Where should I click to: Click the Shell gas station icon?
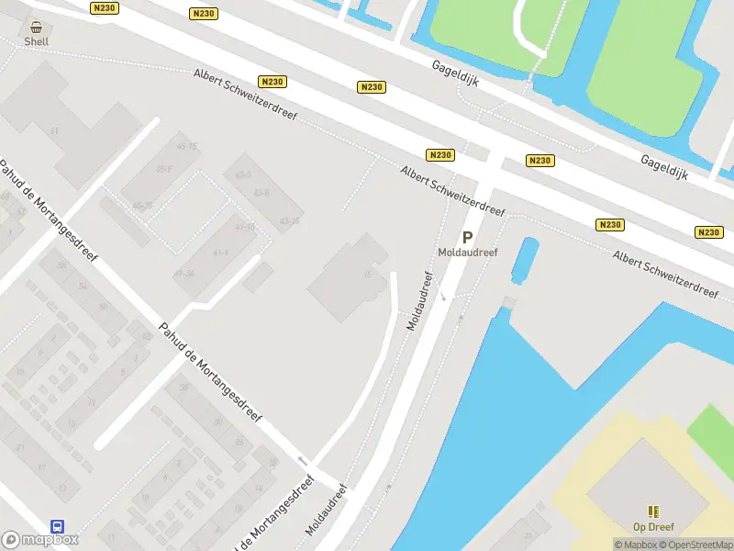[x=36, y=28]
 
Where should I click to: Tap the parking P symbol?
[x=467, y=237]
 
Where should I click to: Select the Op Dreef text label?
[x=653, y=527]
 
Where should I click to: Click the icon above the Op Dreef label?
[x=653, y=512]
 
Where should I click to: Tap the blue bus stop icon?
[x=57, y=526]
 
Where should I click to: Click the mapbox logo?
[x=39, y=540]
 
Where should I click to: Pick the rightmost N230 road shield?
[x=709, y=232]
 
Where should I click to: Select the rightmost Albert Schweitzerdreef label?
[x=666, y=273]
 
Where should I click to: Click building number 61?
[x=54, y=132]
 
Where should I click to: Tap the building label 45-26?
[x=142, y=207]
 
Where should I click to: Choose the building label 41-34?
[x=183, y=274]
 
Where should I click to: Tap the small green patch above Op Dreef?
[x=713, y=427]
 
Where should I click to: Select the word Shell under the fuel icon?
[x=36, y=41]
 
